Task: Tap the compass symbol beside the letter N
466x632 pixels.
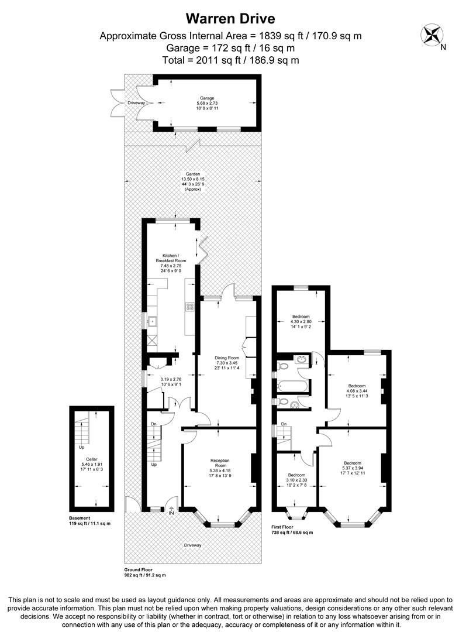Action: pos(433,33)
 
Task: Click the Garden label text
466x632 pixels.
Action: pos(193,174)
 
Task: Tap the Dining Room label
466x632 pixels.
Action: pos(225,358)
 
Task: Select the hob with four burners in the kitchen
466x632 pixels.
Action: pos(190,306)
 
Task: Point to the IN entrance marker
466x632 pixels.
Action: pos(171,513)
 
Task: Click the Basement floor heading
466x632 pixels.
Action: pos(81,518)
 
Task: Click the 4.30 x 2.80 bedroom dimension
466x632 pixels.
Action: pos(301,321)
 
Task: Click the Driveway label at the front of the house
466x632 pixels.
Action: pos(193,545)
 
